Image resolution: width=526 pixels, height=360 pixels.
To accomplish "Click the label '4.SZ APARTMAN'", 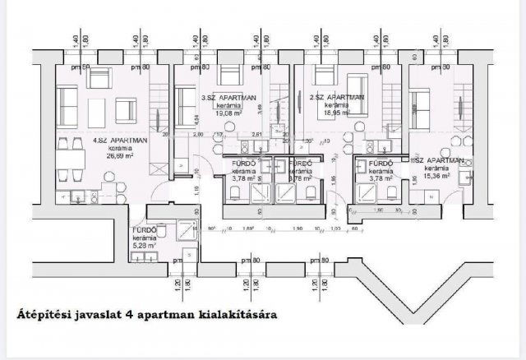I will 120,141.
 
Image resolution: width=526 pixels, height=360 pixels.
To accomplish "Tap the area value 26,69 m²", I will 120,154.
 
